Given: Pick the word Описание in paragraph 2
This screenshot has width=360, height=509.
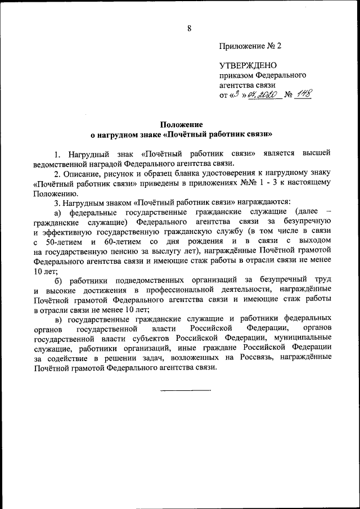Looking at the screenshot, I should (80, 173).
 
